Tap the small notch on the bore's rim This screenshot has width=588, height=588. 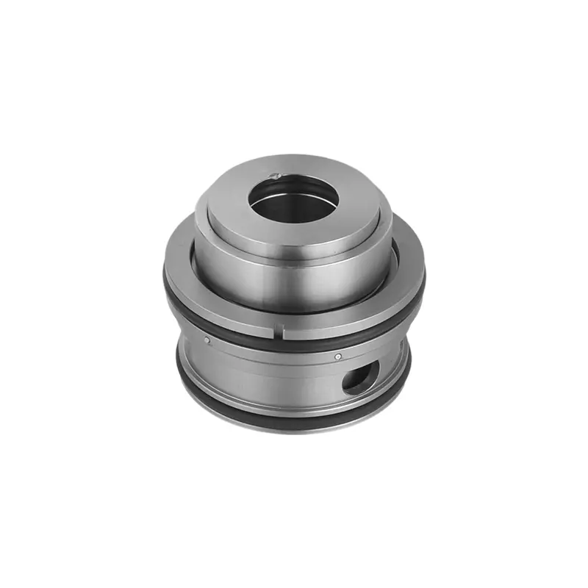pyautogui.click(x=275, y=175)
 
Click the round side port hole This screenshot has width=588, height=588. pyautogui.click(x=361, y=375)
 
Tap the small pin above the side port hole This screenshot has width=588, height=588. pyautogui.click(x=337, y=356)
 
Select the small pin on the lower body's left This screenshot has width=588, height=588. pyautogui.click(x=207, y=340)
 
